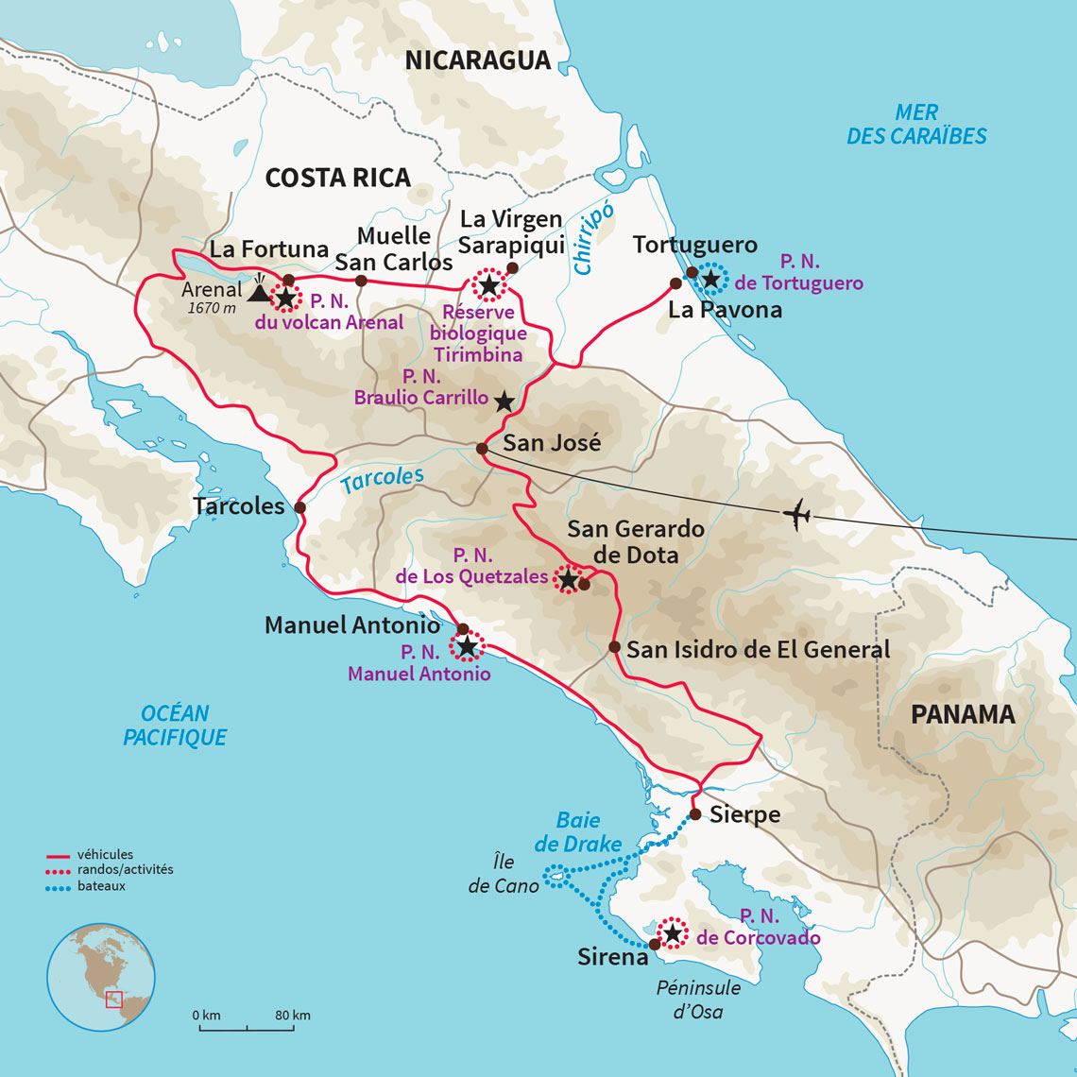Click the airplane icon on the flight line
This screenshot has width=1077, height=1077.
(x=797, y=516)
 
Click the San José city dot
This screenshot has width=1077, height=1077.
(x=482, y=449)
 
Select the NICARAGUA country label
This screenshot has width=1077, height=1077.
(x=477, y=60)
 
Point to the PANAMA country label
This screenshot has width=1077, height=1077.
(x=962, y=714)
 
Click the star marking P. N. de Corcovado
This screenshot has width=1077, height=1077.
(x=673, y=933)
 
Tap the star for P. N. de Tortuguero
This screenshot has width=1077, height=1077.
(x=710, y=279)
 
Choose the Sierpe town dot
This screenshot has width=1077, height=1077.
(x=694, y=814)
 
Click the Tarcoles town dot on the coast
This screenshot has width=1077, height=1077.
(x=299, y=507)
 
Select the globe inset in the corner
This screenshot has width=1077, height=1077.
(x=101, y=976)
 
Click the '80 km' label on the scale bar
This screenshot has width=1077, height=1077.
(x=293, y=1016)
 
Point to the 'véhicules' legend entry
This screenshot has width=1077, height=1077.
(x=105, y=855)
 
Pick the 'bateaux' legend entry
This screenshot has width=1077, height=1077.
(x=101, y=886)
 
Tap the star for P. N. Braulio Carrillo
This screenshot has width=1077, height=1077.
(x=504, y=402)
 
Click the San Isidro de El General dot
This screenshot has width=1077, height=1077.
(x=614, y=647)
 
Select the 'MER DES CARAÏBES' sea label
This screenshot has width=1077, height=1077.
(x=915, y=125)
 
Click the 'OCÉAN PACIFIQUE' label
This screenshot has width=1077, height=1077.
(x=175, y=726)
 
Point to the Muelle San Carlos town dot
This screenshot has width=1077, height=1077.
(x=360, y=281)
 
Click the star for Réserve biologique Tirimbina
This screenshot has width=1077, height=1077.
(x=488, y=284)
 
